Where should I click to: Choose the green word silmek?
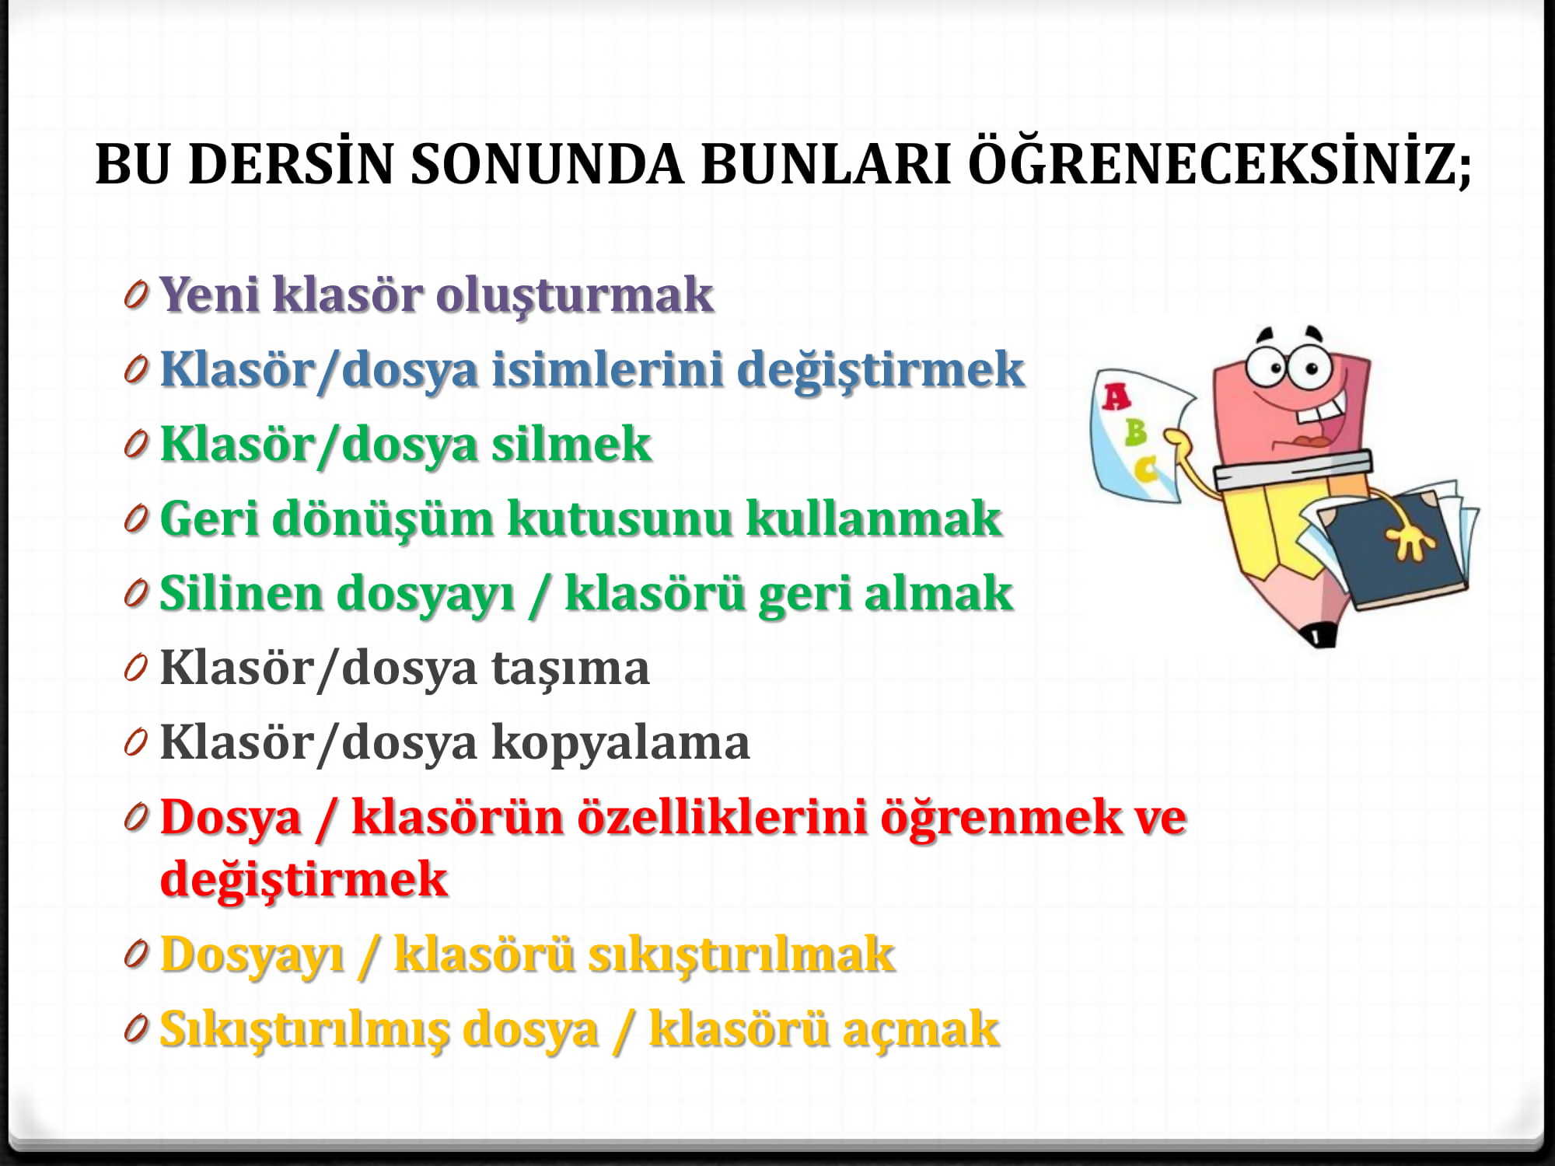click(571, 444)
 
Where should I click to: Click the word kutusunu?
click(620, 518)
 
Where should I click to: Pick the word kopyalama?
click(620, 743)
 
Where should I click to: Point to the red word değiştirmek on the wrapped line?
click(304, 880)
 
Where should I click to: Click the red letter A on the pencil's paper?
click(1116, 397)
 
